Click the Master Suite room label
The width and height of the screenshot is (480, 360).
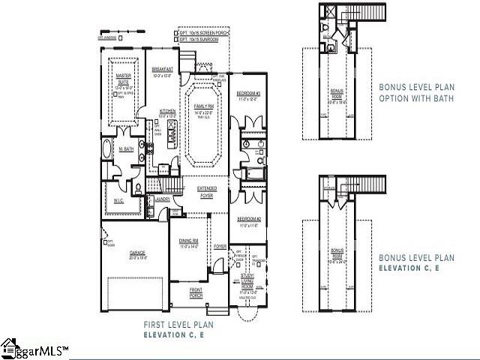click(123, 78)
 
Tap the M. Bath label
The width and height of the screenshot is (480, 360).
click(127, 148)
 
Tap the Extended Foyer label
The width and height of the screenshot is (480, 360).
click(205, 190)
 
